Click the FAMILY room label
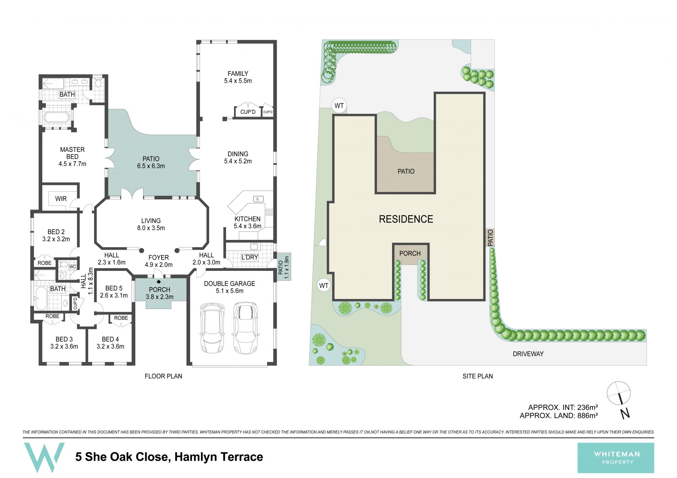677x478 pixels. pyautogui.click(x=238, y=74)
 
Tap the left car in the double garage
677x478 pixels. pyautogui.click(x=212, y=328)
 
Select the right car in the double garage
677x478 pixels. pyautogui.click(x=246, y=328)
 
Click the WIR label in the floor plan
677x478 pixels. pyautogui.click(x=61, y=199)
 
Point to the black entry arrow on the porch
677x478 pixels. pyautogui.click(x=159, y=281)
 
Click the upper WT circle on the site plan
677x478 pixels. pyautogui.click(x=339, y=105)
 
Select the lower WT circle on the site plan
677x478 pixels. pyautogui.click(x=324, y=285)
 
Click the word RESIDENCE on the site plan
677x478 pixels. pyautogui.click(x=406, y=219)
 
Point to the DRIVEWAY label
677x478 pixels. pyautogui.click(x=528, y=354)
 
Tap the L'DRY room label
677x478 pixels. pyautogui.click(x=250, y=257)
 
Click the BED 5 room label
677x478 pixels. pyautogui.click(x=114, y=288)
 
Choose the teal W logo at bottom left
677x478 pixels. pyautogui.click(x=44, y=457)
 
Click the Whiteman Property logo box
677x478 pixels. pyautogui.click(x=616, y=458)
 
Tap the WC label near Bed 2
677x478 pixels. pyautogui.click(x=72, y=267)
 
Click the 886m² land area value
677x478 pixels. pyautogui.click(x=587, y=416)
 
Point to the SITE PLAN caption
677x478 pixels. pyautogui.click(x=477, y=376)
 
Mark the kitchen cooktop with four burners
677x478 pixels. pyautogui.click(x=269, y=212)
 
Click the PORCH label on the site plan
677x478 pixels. pyautogui.click(x=410, y=253)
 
